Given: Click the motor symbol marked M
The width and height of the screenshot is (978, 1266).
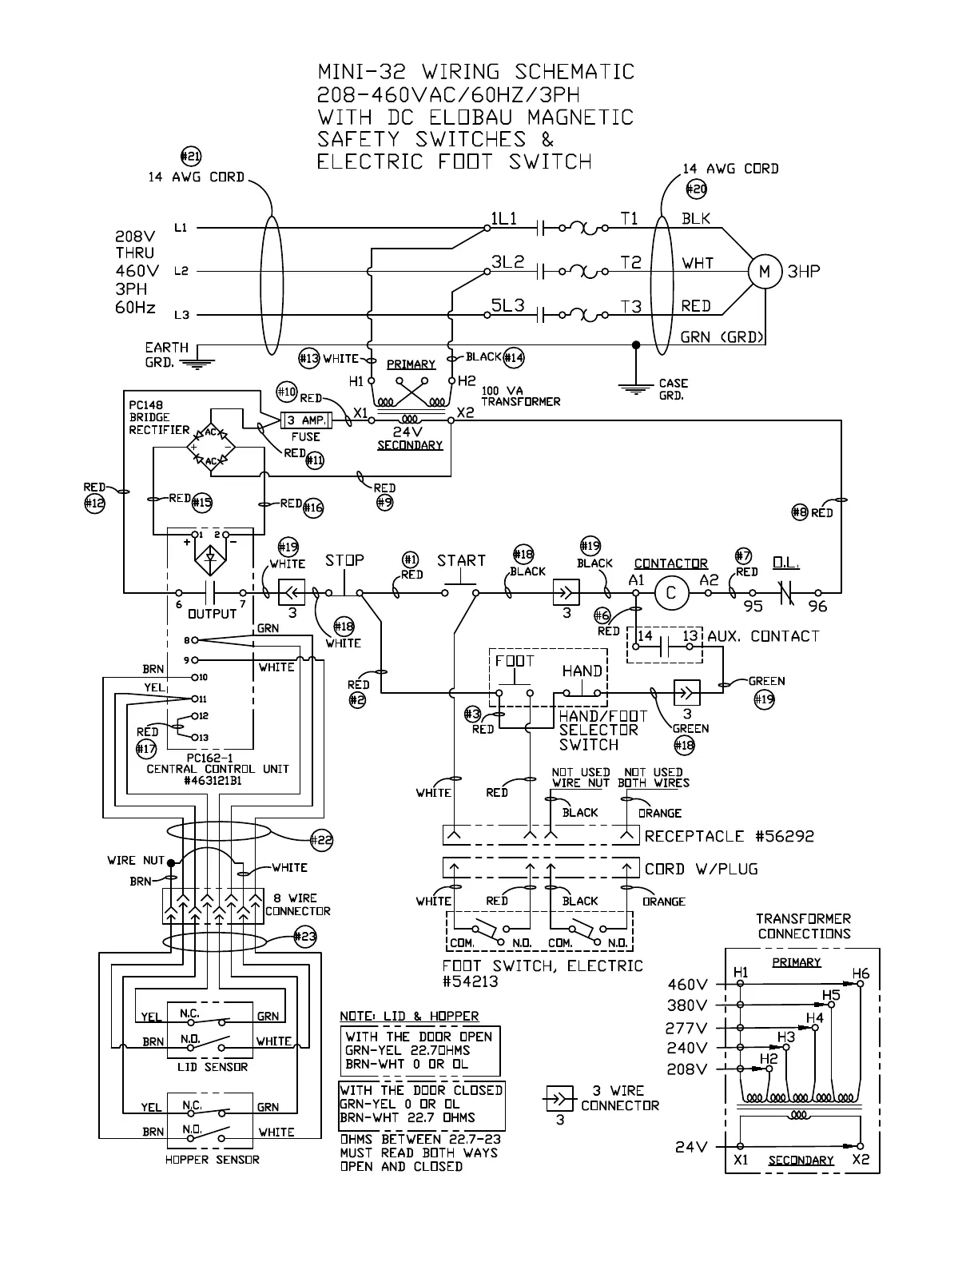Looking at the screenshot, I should point(765,272).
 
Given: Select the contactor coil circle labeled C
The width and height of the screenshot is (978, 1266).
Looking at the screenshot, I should point(671,593).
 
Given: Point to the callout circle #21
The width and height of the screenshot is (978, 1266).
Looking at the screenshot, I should point(191,157).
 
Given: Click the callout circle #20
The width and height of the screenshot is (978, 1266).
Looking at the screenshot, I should point(697,189).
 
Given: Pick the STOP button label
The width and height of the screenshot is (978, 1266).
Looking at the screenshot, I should point(344,560).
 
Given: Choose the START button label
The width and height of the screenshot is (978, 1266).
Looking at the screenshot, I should point(461,560).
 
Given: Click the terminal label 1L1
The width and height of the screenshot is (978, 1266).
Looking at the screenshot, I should point(504,218).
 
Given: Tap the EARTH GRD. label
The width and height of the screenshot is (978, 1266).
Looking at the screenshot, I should point(167,354).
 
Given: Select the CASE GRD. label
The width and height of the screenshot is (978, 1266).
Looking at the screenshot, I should point(674,388).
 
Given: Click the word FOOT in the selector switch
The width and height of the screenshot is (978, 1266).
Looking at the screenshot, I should point(515,661).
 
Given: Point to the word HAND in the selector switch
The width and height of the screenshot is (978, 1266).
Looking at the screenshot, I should point(582,671).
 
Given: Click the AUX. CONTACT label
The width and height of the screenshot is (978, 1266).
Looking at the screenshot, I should point(763,636).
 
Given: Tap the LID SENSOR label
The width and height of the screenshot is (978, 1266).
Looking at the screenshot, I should point(212,1067).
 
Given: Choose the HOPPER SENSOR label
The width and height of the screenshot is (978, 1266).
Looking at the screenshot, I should point(212,1160).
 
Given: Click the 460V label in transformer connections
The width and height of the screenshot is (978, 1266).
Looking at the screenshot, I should point(687,984).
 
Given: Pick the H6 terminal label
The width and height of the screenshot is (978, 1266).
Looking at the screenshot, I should point(861,973).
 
